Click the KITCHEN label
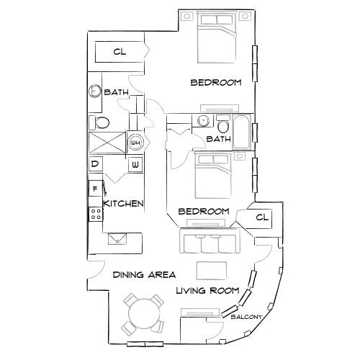[124, 204]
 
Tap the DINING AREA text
[144, 275]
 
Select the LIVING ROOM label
[207, 291]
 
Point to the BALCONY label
[246, 315]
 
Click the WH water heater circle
[135, 143]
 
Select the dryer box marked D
[95, 165]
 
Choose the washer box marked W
[135, 165]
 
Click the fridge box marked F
[94, 189]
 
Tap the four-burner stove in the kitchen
[94, 212]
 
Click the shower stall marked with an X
[105, 142]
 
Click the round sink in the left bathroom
[95, 92]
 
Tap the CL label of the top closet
[120, 52]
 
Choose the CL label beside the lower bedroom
[261, 217]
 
